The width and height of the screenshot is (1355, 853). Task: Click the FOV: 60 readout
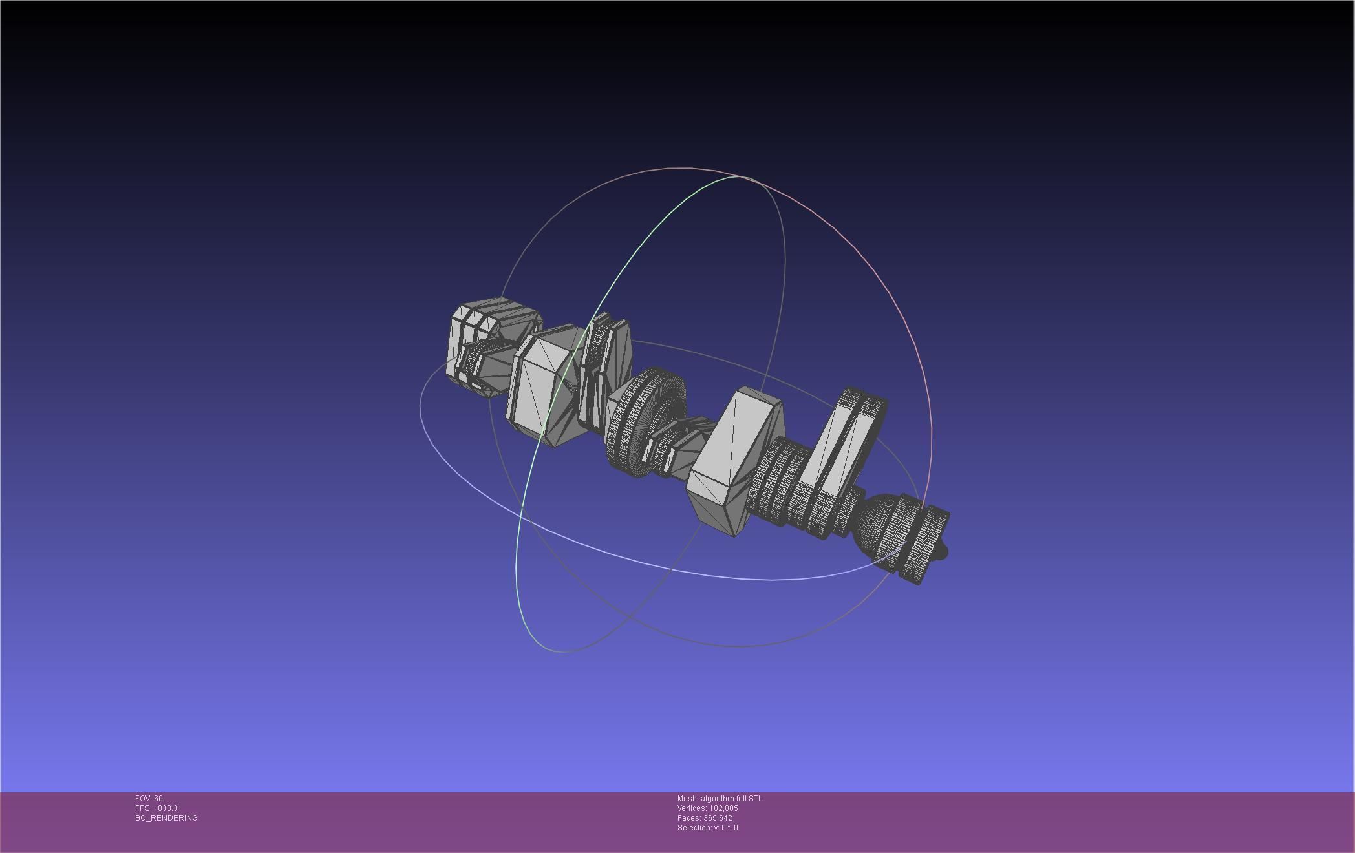point(149,799)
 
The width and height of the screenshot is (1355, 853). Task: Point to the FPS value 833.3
point(167,808)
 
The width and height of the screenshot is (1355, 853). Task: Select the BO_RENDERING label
point(166,818)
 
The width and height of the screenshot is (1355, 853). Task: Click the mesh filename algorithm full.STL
point(731,799)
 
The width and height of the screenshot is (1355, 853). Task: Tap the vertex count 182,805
point(723,808)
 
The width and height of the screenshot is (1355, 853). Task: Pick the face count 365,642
point(718,818)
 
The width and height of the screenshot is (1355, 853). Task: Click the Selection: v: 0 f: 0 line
point(707,828)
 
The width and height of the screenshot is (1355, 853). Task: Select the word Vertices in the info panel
point(691,808)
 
